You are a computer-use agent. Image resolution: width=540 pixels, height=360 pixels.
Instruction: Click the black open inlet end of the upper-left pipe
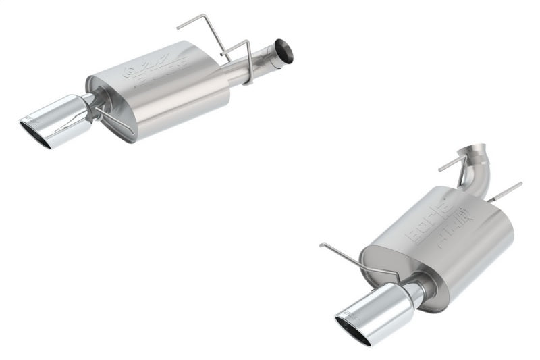[284, 51]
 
